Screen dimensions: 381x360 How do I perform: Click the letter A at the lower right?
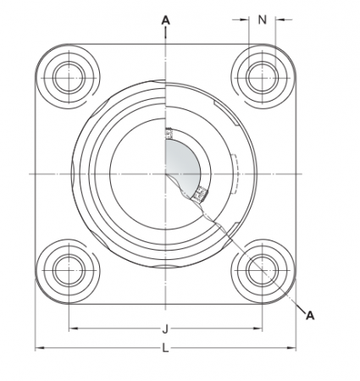310,315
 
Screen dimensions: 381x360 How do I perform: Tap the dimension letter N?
262,18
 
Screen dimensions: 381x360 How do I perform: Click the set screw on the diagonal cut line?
200,195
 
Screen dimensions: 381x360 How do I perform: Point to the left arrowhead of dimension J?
70,329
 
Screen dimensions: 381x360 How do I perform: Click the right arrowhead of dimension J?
258,329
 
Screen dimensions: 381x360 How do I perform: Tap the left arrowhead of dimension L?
38,349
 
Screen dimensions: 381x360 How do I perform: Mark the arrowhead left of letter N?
244,18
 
